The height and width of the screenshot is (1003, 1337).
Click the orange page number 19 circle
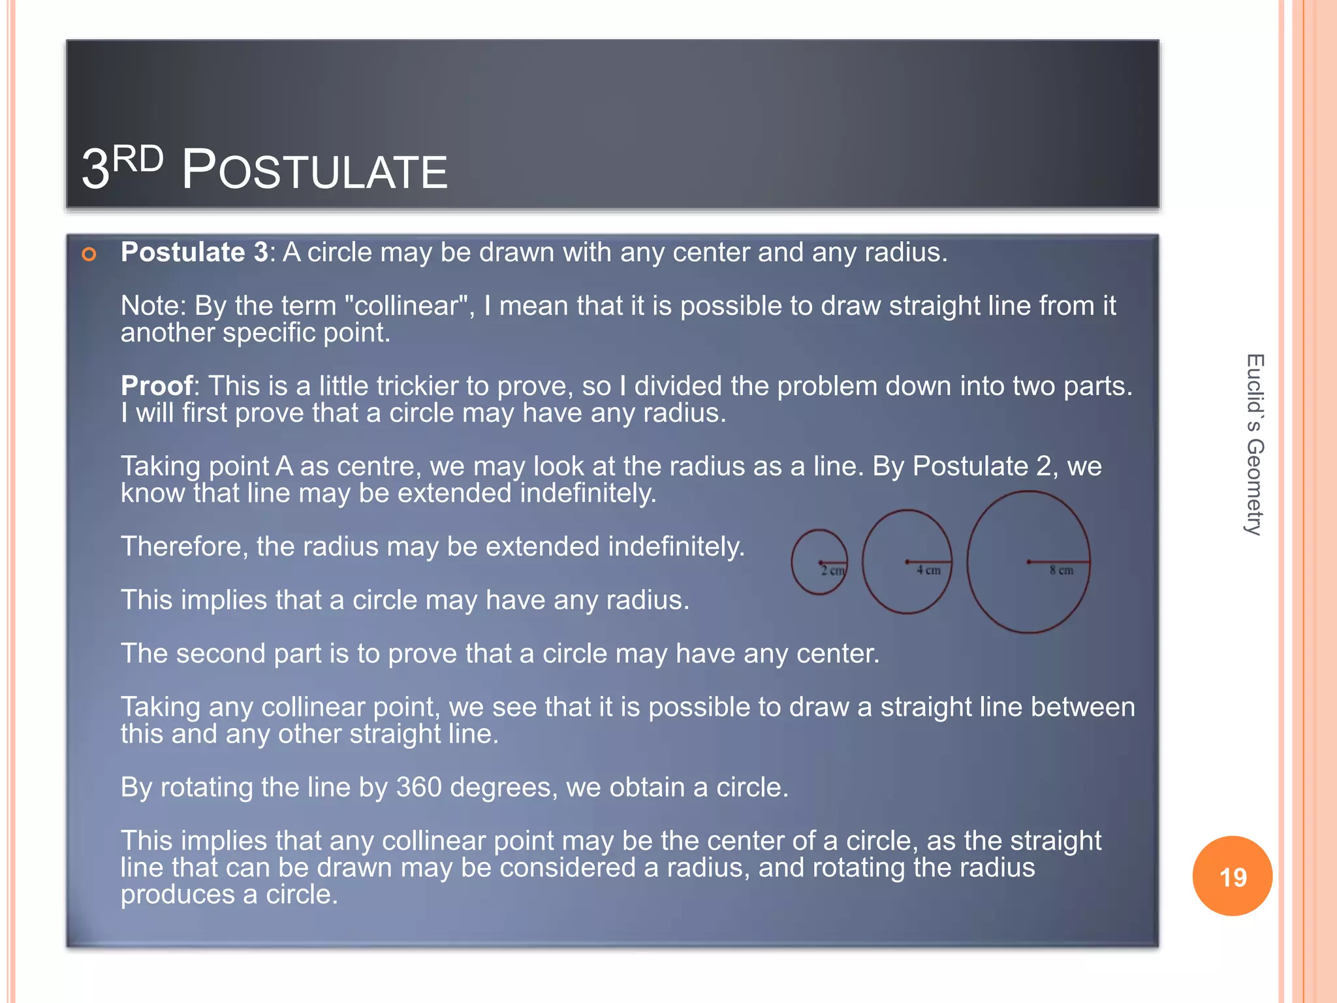1232,876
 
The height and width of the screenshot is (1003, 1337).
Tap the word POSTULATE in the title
314,170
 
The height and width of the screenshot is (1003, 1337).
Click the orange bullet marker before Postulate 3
89,254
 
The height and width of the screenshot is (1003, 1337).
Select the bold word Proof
157,386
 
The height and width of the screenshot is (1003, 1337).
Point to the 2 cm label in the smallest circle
832,571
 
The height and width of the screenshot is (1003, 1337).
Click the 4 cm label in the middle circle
928,570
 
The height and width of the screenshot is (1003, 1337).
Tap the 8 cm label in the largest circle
1061,570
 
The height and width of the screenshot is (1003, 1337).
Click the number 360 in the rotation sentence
418,788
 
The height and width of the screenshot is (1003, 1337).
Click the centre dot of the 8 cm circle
1029,562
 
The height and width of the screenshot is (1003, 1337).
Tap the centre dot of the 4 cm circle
907,562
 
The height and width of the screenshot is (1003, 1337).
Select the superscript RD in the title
138,159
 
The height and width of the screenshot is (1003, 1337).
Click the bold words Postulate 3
194,252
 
